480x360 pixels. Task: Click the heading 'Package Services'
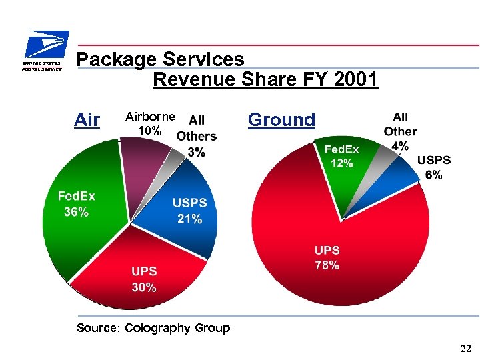pos(160,60)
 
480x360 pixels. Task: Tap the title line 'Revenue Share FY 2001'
pos(265,80)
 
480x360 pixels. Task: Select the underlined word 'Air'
pos(87,120)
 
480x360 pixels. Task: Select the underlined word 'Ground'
pos(281,120)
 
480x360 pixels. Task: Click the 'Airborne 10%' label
pos(149,123)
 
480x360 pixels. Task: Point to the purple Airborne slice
pos(147,173)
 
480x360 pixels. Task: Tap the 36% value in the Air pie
pos(75,212)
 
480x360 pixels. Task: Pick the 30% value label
pos(144,287)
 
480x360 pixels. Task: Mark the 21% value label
pos(189,219)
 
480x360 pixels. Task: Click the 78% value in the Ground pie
pos(327,265)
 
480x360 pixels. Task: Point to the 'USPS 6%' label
pos(433,167)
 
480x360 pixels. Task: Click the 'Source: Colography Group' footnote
pos(153,328)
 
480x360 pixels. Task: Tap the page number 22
pos(465,349)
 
